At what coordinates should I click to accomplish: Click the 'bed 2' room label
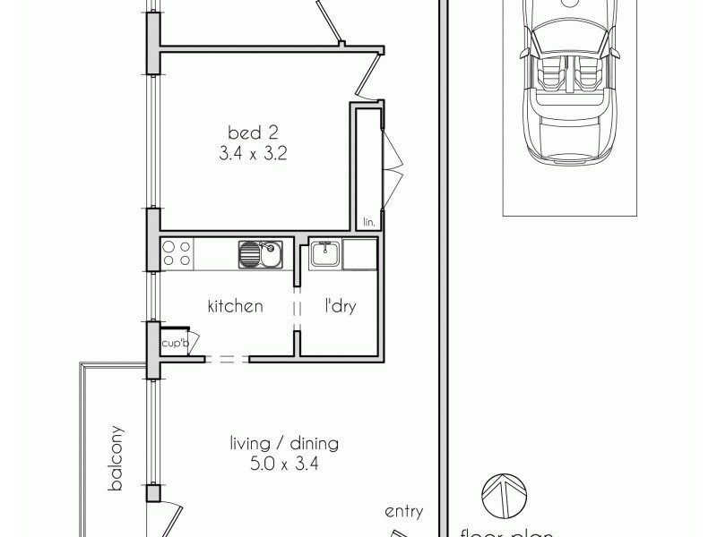(252, 133)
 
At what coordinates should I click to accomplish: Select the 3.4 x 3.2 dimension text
(252, 153)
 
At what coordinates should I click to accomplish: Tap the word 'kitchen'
(235, 306)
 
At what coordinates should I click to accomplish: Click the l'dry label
(340, 306)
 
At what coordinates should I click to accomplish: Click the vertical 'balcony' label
(116, 458)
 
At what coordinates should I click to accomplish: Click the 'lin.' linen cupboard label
(367, 221)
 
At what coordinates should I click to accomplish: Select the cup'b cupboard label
(174, 343)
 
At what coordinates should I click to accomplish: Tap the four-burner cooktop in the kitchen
(176, 254)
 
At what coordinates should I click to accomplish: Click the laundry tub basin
(323, 255)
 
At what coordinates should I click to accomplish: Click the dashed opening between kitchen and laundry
(295, 304)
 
